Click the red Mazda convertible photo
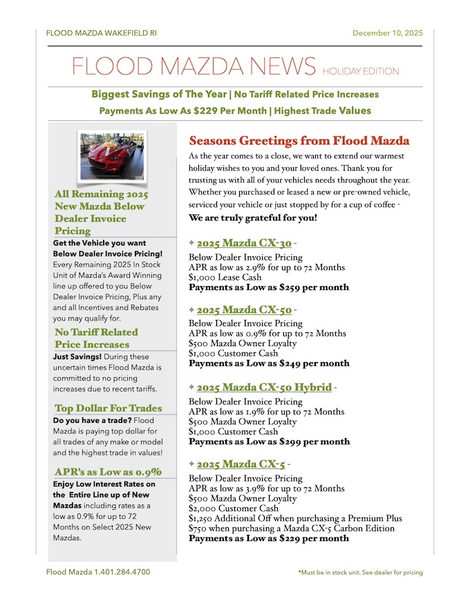[x=111, y=157]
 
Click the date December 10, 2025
[x=387, y=33]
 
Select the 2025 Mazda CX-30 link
[x=243, y=243]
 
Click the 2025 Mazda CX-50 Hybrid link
[x=264, y=387]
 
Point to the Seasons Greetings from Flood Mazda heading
[x=299, y=142]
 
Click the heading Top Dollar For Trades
[x=109, y=408]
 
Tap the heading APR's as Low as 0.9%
[x=108, y=472]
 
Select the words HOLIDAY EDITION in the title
[x=360, y=71]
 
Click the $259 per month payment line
[x=269, y=287]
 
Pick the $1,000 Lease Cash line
[x=225, y=277]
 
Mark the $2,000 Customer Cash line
[x=234, y=509]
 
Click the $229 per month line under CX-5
[x=269, y=538]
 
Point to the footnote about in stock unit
[x=360, y=573]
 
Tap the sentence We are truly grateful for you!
[x=253, y=218]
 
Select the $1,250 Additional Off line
[x=295, y=518]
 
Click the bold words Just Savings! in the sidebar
[x=77, y=357]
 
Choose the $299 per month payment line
[x=269, y=441]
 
